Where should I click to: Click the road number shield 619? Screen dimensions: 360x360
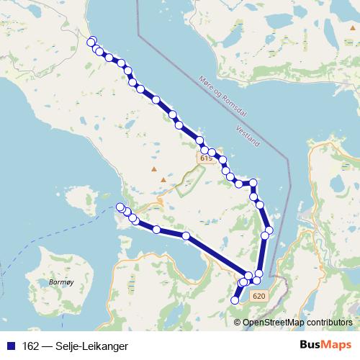pyautogui.click(x=207, y=158)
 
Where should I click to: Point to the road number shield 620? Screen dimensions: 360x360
pyautogui.click(x=260, y=296)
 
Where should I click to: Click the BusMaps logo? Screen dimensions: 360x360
pyautogui.click(x=326, y=345)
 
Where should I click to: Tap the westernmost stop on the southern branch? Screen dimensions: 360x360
pyautogui.click(x=120, y=207)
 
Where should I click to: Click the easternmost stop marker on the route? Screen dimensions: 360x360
pyautogui.click(x=269, y=233)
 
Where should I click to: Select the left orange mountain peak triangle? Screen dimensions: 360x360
pyautogui.click(x=153, y=169)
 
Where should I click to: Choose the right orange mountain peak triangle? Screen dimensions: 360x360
pyautogui.click(x=164, y=179)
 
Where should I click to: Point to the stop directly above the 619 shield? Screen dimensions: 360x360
pyautogui.click(x=200, y=141)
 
